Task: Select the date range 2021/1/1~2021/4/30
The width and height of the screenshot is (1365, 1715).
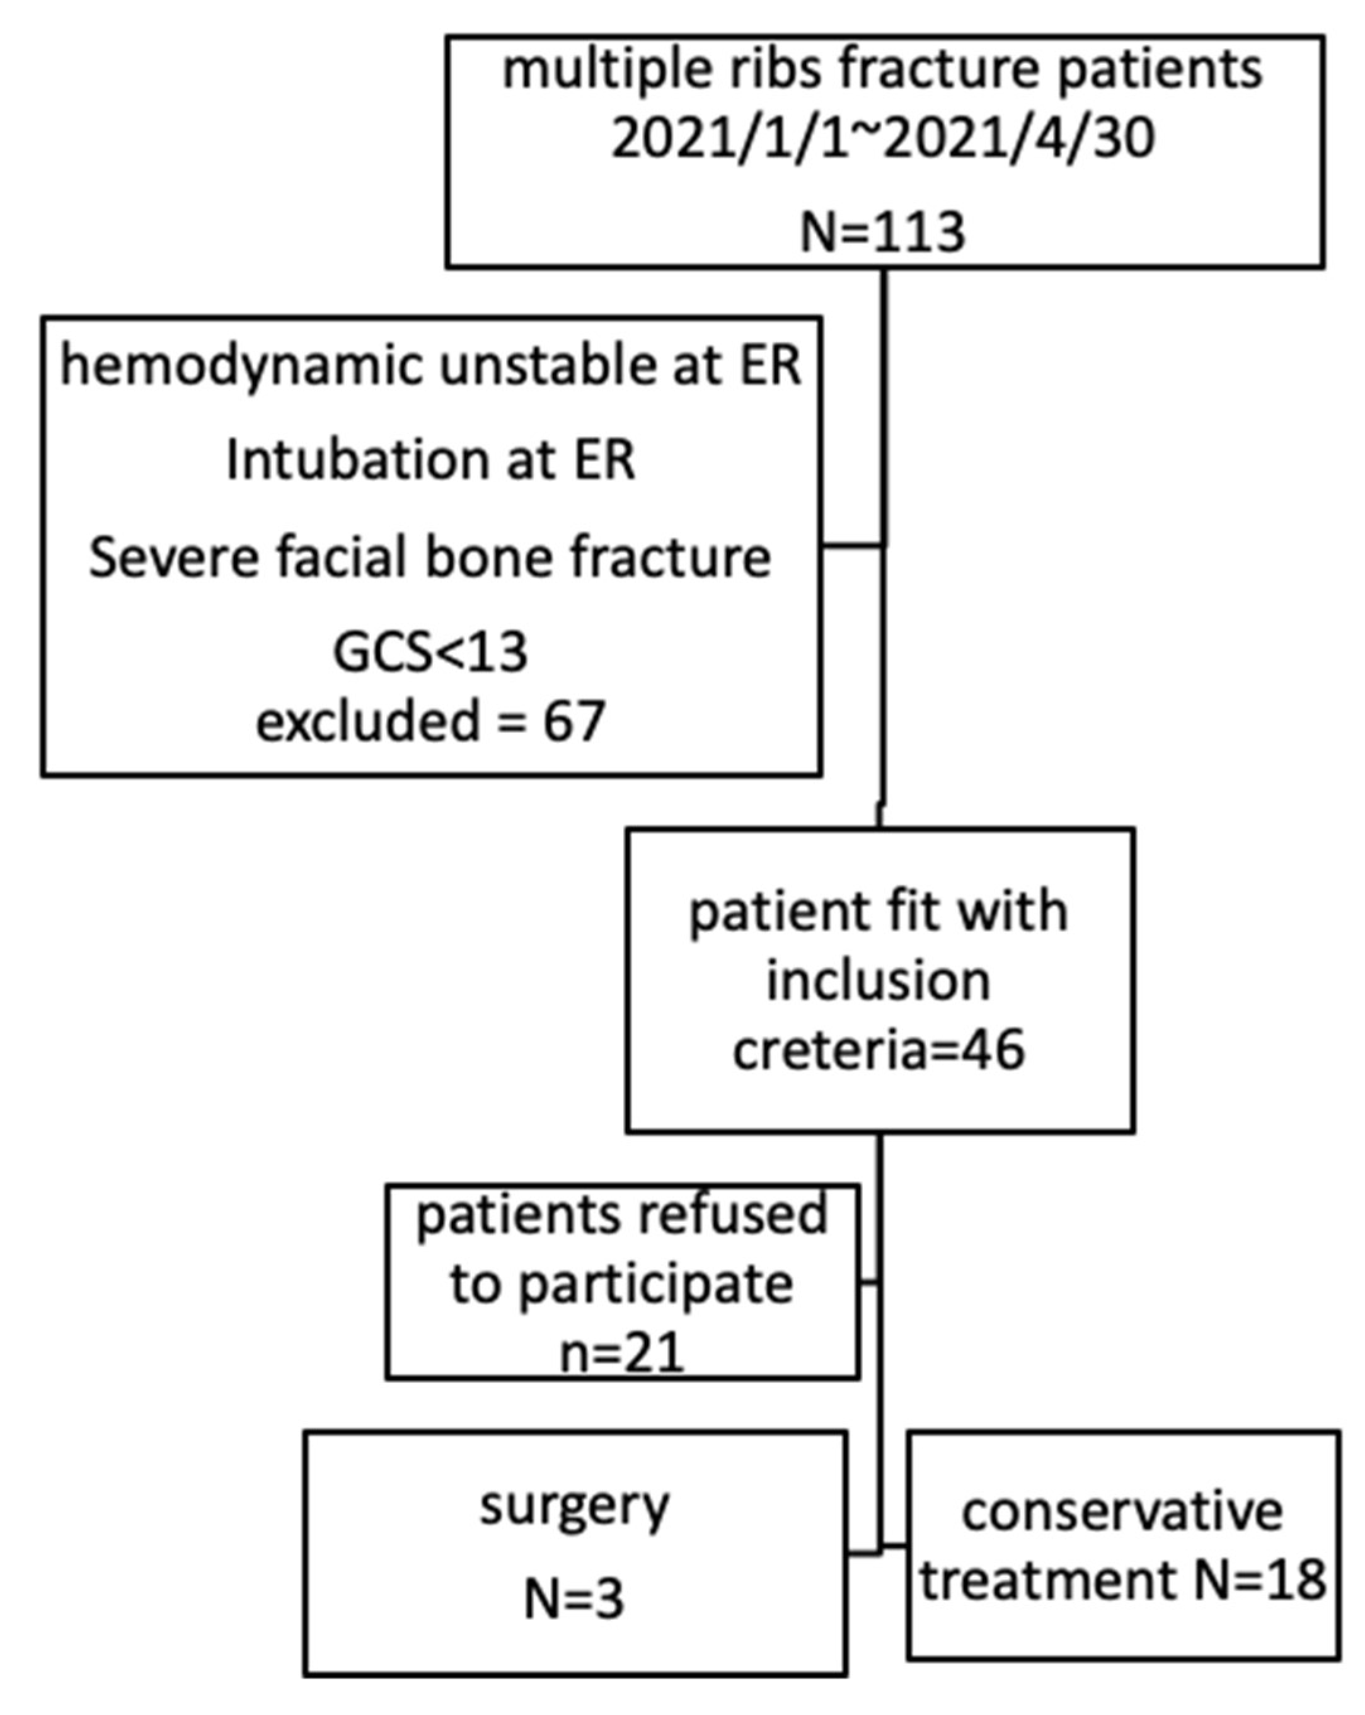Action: point(883,139)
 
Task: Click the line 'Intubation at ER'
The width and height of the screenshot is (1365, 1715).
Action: point(430,461)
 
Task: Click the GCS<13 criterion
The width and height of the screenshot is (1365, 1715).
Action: point(430,652)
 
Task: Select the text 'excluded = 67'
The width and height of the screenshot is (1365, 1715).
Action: point(430,721)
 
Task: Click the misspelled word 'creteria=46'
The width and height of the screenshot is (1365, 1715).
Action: point(878,1050)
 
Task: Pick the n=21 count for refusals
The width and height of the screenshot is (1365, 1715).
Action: point(622,1352)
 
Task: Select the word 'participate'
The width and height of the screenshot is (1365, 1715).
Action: point(655,1285)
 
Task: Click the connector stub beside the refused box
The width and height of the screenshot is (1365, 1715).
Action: point(870,1283)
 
